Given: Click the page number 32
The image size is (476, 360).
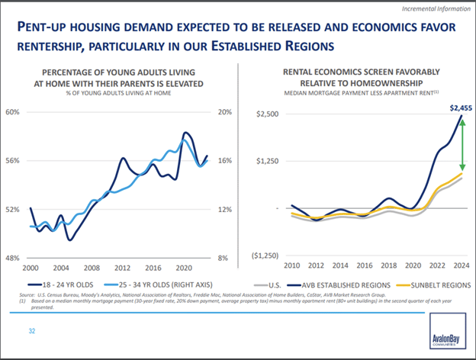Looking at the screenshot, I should [x=31, y=331].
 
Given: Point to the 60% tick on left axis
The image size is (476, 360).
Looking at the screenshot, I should [x=12, y=112].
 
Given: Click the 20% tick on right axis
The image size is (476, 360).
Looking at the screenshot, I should [x=224, y=112].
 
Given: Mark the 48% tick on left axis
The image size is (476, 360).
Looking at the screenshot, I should [x=12, y=259].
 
